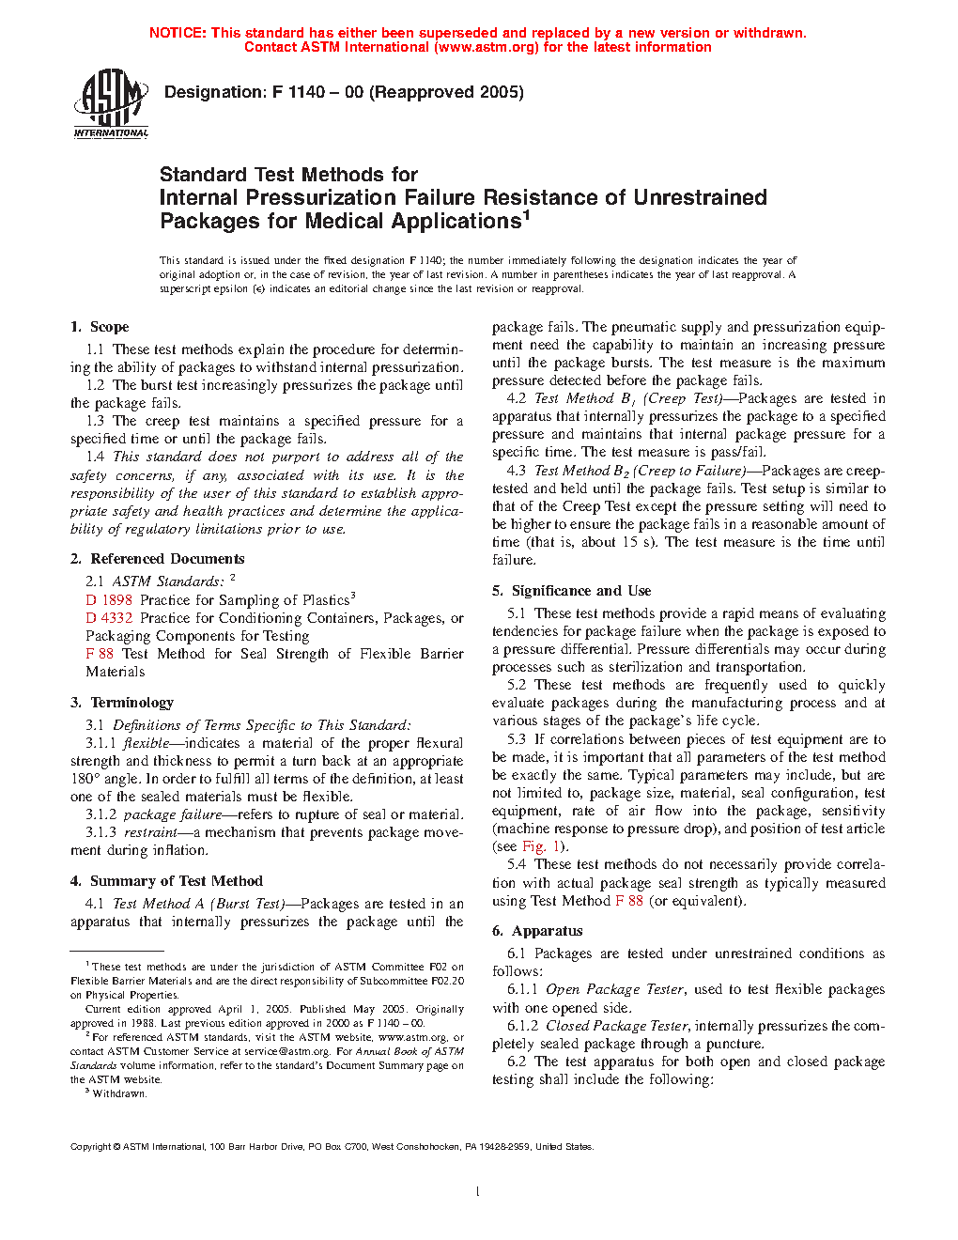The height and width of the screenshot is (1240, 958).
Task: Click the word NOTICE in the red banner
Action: coord(178,33)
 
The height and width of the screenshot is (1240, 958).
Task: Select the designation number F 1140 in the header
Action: coord(299,92)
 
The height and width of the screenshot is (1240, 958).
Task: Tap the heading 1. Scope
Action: coord(100,327)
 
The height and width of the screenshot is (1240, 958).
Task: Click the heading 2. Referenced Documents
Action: coord(157,559)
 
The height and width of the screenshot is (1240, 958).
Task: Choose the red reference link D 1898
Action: coord(109,600)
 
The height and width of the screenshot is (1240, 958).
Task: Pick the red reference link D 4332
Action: coord(109,618)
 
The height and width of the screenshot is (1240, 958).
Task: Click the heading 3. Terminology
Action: coord(122,703)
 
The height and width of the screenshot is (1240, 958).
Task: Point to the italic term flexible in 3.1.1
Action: coord(147,743)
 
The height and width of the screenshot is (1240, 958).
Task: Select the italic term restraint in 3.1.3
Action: coord(150,832)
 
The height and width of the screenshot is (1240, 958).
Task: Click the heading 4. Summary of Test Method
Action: coord(166,881)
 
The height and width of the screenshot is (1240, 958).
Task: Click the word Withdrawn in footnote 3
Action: coord(119,1093)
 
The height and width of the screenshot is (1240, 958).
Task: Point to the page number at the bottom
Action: coord(478,1191)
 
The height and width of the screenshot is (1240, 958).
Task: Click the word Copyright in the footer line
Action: coord(91,1147)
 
